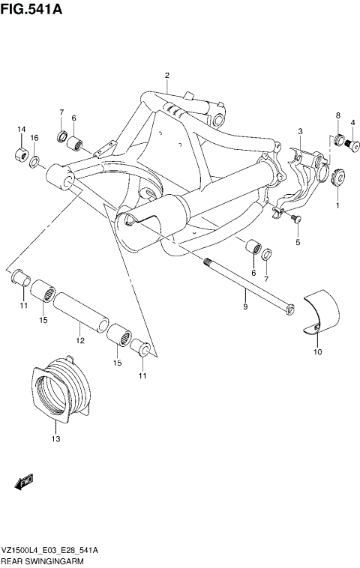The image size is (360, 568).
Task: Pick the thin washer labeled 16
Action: tap(35, 161)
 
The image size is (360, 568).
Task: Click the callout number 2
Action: tap(166, 75)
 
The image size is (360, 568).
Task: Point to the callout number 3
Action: tap(299, 132)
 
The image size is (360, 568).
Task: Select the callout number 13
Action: tap(55, 439)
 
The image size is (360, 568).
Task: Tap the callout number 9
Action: tap(244, 306)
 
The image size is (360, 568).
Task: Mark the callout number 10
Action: tap(317, 351)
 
